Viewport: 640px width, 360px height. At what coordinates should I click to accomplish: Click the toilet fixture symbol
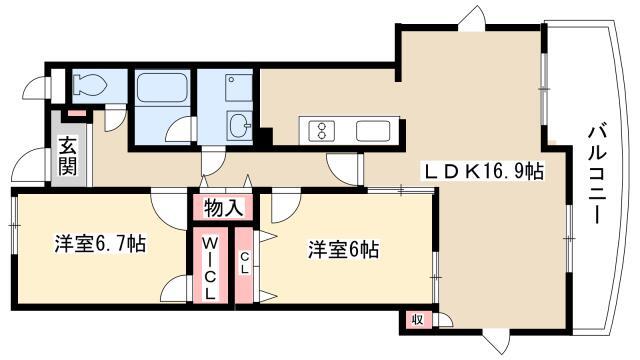(x=90, y=85)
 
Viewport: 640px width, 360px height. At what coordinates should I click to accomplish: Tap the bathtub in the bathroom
(x=162, y=87)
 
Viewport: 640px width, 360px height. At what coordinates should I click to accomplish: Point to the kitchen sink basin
(x=373, y=131)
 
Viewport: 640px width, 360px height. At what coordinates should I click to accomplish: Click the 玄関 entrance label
(x=68, y=156)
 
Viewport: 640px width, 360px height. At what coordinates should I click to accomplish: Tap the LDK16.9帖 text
(x=484, y=171)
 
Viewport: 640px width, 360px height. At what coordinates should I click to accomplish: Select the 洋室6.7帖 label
(x=100, y=244)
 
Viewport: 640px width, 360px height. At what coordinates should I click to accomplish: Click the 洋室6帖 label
(x=343, y=250)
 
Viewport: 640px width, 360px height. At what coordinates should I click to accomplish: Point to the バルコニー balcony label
(x=597, y=175)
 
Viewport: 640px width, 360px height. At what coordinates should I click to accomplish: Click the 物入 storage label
(x=223, y=208)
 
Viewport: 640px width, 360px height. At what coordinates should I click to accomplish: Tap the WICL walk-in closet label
(x=209, y=269)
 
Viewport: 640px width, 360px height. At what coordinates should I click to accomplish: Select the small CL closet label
(x=244, y=262)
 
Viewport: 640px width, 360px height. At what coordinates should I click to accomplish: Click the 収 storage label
(x=417, y=319)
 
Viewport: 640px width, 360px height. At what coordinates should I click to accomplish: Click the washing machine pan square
(x=239, y=88)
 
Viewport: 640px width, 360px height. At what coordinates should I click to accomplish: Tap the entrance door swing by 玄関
(x=29, y=165)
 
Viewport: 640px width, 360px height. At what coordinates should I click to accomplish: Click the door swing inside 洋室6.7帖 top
(x=169, y=208)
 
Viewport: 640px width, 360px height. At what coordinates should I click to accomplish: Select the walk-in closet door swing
(x=176, y=289)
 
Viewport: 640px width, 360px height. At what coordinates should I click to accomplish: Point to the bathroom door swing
(x=181, y=129)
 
